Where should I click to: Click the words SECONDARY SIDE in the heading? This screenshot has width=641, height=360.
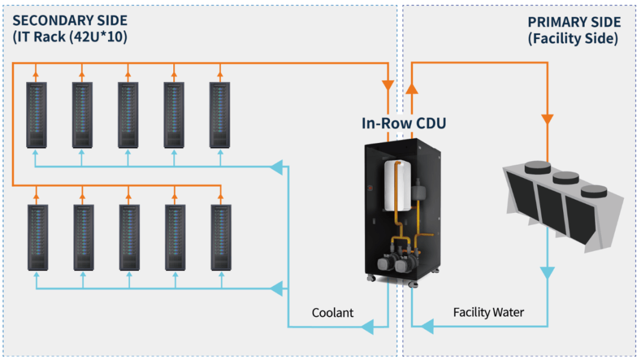(x=70, y=21)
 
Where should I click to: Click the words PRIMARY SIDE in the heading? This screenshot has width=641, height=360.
(x=574, y=23)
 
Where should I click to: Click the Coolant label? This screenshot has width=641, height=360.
(x=332, y=313)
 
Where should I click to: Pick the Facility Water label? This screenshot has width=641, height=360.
(x=488, y=312)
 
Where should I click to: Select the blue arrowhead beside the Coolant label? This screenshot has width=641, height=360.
(x=367, y=326)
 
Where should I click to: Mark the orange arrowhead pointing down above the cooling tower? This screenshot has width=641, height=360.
(x=547, y=119)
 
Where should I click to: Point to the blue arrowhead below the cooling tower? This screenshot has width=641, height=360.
(x=547, y=273)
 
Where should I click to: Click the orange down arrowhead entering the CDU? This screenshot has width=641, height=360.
(x=389, y=85)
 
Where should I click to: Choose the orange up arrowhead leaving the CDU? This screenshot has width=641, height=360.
(x=411, y=88)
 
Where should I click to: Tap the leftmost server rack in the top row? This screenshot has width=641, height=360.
(x=36, y=114)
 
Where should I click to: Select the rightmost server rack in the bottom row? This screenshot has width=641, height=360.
(x=221, y=237)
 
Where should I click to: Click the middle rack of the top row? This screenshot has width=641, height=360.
(x=128, y=114)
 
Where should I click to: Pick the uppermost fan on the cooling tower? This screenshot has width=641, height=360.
(x=538, y=166)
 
